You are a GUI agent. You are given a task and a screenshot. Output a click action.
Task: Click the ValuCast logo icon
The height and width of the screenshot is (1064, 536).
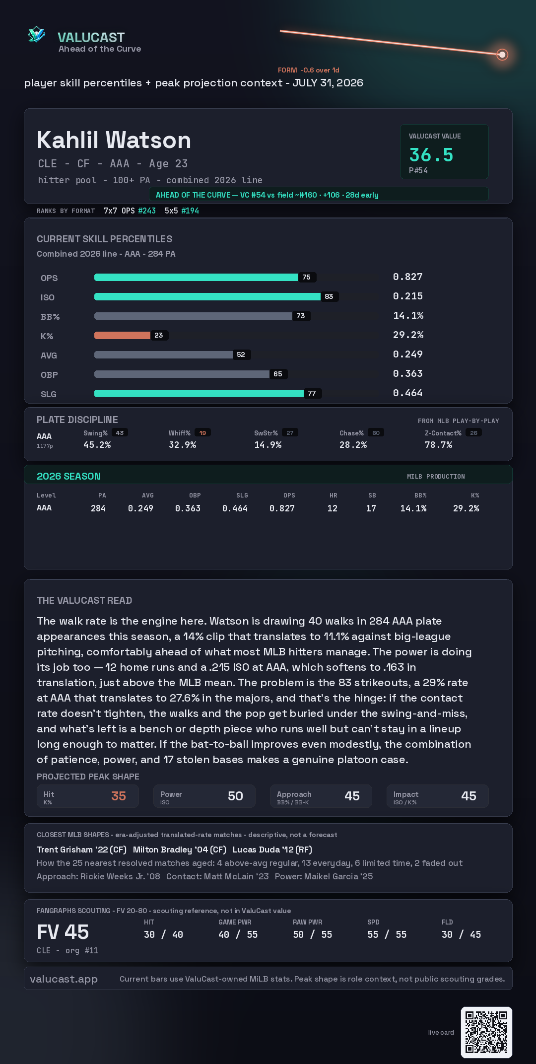tap(36, 34)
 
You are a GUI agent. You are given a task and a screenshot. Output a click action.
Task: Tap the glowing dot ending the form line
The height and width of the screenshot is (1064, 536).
tap(502, 55)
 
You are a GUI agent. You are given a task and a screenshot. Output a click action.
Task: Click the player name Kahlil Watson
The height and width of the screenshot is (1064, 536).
tap(114, 140)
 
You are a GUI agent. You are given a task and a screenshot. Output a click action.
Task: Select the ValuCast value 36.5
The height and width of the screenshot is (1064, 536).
tap(431, 155)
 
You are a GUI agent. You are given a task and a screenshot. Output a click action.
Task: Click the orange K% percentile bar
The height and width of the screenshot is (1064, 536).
tap(122, 335)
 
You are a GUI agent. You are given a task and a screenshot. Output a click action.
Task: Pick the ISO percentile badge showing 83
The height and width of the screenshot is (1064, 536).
tap(329, 296)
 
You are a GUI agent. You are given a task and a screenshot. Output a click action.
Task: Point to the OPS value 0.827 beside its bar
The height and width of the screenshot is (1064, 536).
tap(407, 277)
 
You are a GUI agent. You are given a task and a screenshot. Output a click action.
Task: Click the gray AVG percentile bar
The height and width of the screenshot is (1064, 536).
tap(163, 355)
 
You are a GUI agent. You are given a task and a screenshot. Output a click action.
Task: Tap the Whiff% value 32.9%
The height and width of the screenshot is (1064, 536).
tap(183, 445)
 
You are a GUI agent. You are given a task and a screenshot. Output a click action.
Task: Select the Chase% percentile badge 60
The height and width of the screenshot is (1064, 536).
tap(376, 433)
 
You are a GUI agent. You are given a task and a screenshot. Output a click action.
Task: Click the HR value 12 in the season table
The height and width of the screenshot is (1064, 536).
tap(333, 508)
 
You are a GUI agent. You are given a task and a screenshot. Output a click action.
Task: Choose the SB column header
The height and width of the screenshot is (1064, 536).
tap(372, 496)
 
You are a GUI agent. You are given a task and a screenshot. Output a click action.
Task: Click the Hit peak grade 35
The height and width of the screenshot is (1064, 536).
tap(119, 796)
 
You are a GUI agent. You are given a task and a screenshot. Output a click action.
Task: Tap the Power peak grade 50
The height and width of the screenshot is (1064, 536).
tap(235, 796)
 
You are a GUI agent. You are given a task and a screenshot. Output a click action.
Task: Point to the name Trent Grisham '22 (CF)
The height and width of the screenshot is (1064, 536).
tap(81, 850)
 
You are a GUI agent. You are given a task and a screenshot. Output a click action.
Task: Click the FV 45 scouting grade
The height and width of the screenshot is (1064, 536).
tap(63, 932)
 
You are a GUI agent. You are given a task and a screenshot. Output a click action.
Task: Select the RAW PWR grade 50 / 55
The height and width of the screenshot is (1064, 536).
tap(313, 934)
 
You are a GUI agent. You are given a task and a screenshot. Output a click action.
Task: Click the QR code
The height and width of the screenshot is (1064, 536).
tap(486, 1032)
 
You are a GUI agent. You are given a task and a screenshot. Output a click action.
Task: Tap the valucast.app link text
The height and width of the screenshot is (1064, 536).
tap(64, 979)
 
